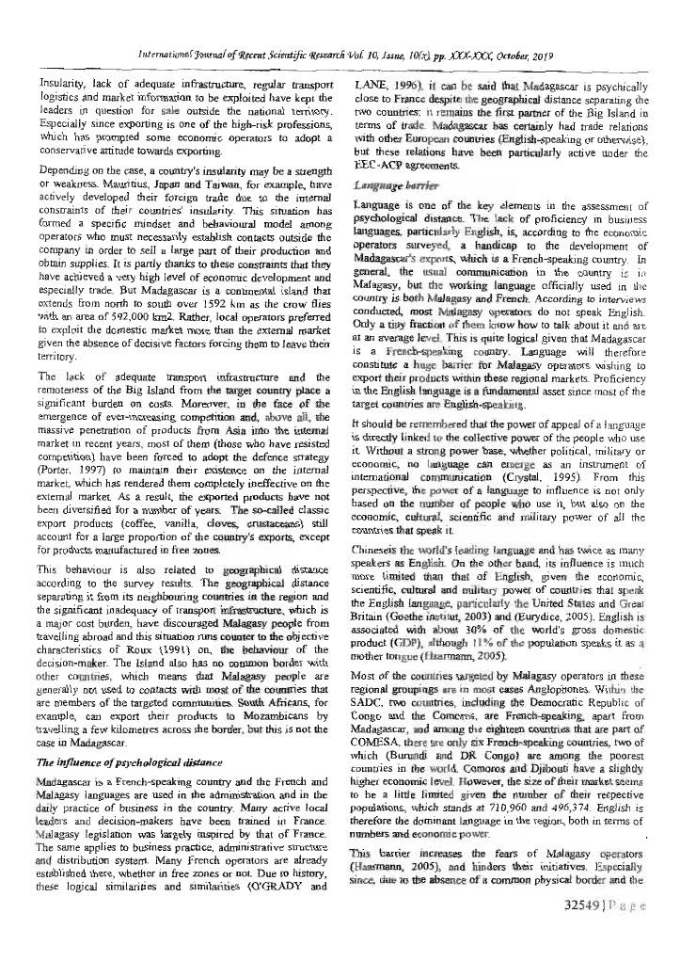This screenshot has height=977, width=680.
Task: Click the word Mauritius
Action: [x=143, y=185]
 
